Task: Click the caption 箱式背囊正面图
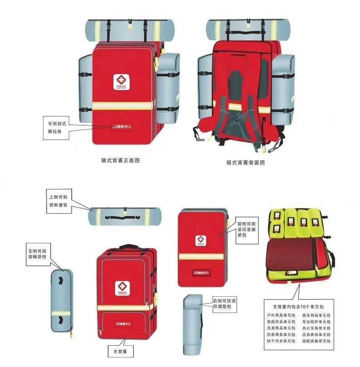pos(120,160)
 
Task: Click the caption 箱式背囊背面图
pos(245,162)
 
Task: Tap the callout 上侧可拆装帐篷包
pos(58,200)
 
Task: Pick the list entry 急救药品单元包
pos(282,321)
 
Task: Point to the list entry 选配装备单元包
pos(316,341)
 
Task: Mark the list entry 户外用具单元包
pos(282,315)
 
